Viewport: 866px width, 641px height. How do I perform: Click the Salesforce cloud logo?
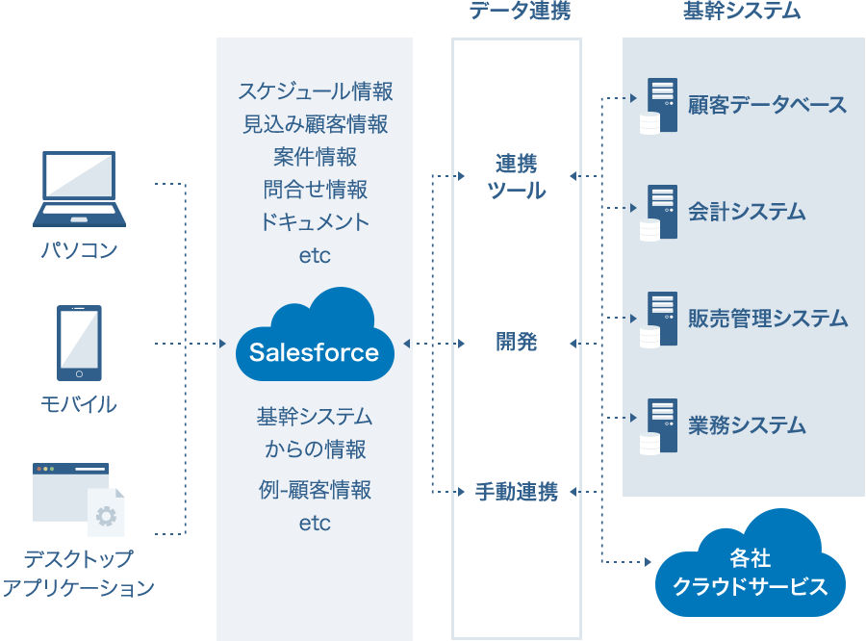pyautogui.click(x=315, y=338)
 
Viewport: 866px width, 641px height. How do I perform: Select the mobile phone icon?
pyautogui.click(x=79, y=343)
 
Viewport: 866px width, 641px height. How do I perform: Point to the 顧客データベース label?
pyautogui.click(x=767, y=105)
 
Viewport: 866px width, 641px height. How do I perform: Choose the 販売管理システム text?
pyautogui.click(x=767, y=319)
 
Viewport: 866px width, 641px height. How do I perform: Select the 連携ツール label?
pyautogui.click(x=517, y=176)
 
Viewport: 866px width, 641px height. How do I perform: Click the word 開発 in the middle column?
pyautogui.click(x=517, y=342)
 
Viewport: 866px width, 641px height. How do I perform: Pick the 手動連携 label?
pyautogui.click(x=517, y=493)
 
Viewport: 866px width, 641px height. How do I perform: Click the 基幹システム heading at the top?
pyautogui.click(x=741, y=11)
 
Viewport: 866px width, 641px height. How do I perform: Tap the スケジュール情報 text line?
pyautogui.click(x=315, y=92)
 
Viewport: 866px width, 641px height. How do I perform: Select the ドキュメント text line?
pyautogui.click(x=315, y=221)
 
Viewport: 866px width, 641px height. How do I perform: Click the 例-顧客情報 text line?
pyautogui.click(x=315, y=490)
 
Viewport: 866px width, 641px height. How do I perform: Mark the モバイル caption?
pyautogui.click(x=79, y=404)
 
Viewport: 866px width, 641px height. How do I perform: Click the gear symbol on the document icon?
pyautogui.click(x=106, y=516)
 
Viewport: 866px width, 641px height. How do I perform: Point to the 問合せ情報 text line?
pyautogui.click(x=315, y=189)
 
